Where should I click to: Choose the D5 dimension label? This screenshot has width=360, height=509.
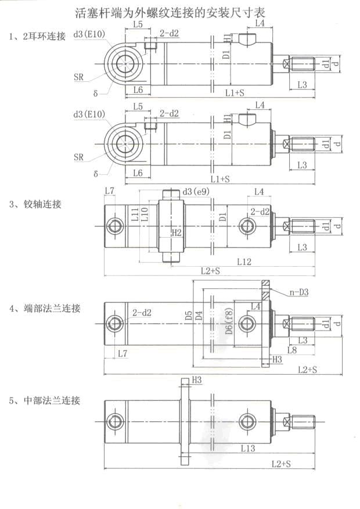click(x=189, y=316)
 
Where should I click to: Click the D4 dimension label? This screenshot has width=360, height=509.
click(x=199, y=316)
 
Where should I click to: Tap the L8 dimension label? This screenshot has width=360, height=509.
click(x=291, y=350)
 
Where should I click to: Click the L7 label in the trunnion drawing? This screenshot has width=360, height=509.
click(x=110, y=191)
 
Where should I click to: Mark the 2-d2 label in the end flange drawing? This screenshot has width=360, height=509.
click(x=142, y=313)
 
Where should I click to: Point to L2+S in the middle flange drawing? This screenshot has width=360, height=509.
click(x=281, y=463)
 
